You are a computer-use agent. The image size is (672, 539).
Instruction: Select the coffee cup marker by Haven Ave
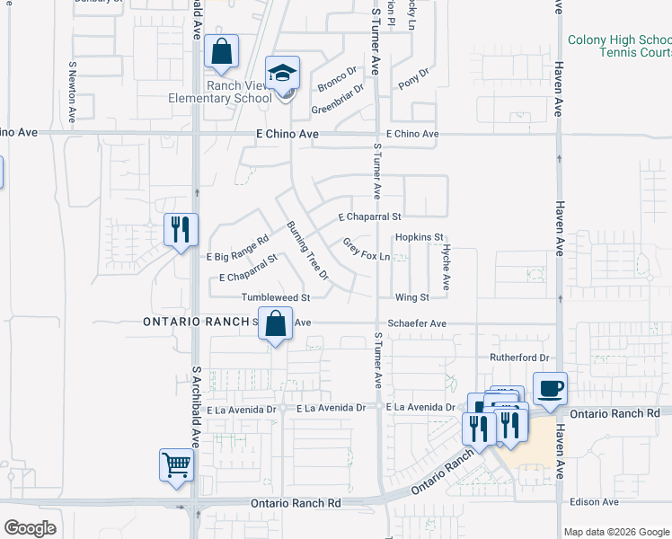(551, 390)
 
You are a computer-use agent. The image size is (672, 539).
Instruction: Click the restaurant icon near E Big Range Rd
(181, 230)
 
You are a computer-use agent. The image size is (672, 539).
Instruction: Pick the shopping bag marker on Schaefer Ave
(276, 324)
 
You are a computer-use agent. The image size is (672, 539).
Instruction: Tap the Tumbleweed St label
(275, 297)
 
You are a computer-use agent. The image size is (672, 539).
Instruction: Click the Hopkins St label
(420, 237)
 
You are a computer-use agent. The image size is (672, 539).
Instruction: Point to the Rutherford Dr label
(518, 357)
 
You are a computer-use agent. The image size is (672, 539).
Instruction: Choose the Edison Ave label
(598, 501)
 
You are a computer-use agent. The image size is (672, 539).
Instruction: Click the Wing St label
(412, 297)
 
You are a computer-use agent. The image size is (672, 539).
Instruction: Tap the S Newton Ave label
(72, 93)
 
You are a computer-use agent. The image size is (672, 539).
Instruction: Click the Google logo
(30, 528)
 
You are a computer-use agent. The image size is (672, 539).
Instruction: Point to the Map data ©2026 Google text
(616, 532)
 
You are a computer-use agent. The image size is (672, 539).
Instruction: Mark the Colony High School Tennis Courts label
(618, 47)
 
